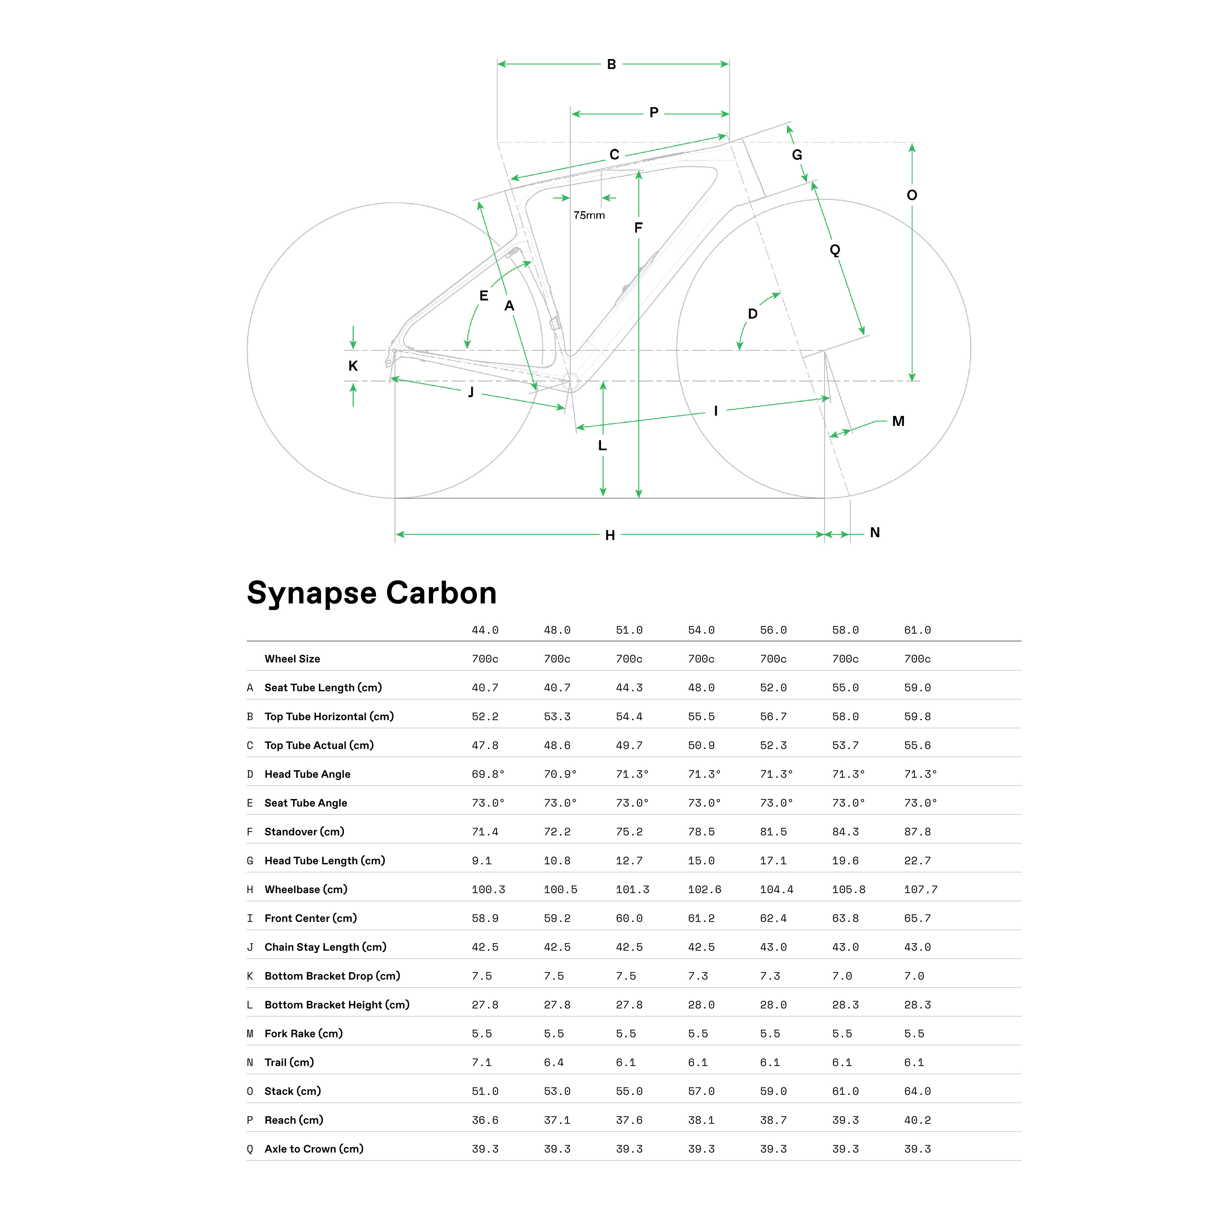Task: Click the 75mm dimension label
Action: pos(589,215)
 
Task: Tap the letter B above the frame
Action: pos(611,64)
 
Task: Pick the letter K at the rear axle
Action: pos(353,366)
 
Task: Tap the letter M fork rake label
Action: pos(898,421)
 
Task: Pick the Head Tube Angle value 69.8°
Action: pos(488,774)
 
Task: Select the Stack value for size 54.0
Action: pos(701,1091)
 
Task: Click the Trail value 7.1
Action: pos(481,1062)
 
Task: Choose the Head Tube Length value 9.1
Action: pos(481,861)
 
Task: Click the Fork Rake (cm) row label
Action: pos(303,1034)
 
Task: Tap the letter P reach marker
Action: pos(654,112)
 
